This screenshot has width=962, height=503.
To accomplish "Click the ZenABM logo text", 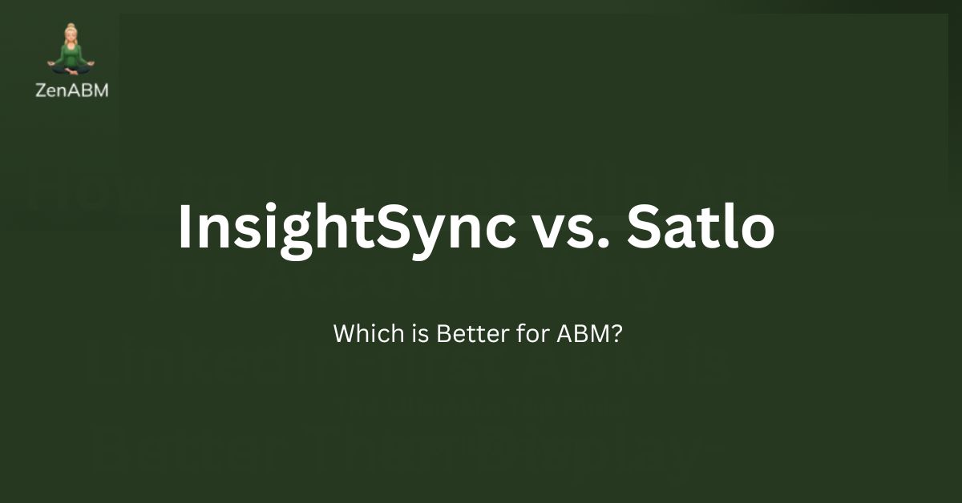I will tap(72, 90).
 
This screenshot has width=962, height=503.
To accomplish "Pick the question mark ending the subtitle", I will tap(617, 333).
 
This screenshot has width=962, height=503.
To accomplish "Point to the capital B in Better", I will tap(443, 333).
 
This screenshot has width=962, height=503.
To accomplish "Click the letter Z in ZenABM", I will tap(41, 90).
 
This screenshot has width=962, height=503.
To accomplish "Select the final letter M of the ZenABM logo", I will tap(100, 90).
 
